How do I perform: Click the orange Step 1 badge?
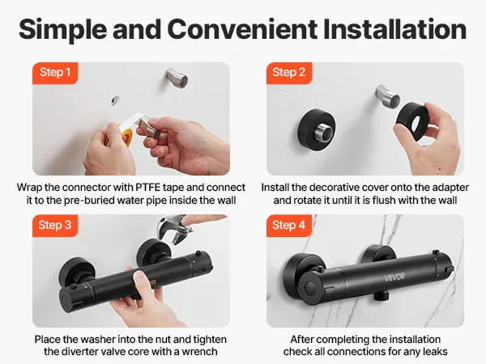[55, 73]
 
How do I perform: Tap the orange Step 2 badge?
[289, 73]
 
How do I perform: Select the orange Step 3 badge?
[55, 226]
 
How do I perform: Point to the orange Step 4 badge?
[289, 226]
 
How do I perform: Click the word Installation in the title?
[394, 29]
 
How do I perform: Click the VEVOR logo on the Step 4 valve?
[394, 277]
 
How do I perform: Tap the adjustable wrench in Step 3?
[173, 230]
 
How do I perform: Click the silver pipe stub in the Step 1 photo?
[177, 78]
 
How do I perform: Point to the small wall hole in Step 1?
[115, 100]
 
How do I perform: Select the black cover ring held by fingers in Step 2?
[413, 122]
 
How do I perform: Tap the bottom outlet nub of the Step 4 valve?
[380, 296]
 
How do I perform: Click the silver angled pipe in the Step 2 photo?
[387, 96]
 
